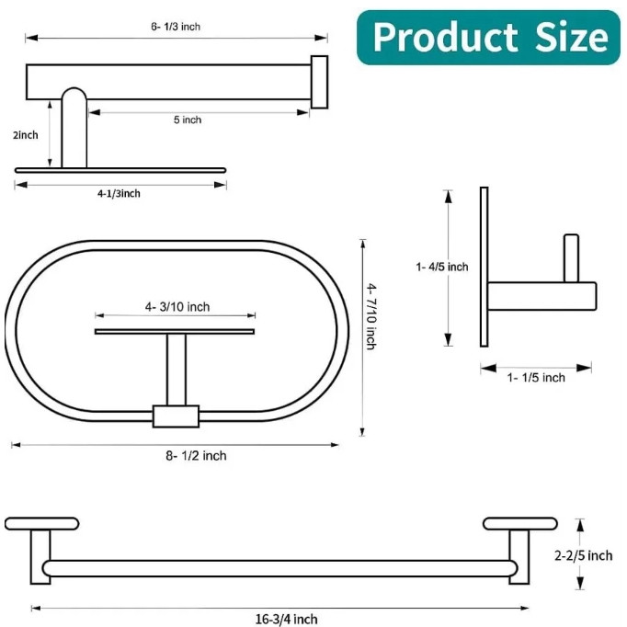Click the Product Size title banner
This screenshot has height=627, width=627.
(488, 38)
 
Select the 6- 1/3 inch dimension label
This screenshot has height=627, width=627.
(176, 27)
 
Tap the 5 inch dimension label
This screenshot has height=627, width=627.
(188, 120)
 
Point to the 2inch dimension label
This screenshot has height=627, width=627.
(25, 135)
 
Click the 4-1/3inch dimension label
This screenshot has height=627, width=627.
(119, 194)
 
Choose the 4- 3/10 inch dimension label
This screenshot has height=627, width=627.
(177, 307)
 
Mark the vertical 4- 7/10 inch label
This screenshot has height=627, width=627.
(371, 316)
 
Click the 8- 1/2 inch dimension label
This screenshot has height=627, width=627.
(196, 455)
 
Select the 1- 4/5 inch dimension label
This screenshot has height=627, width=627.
(442, 267)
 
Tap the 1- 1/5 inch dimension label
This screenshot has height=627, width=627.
(536, 378)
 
